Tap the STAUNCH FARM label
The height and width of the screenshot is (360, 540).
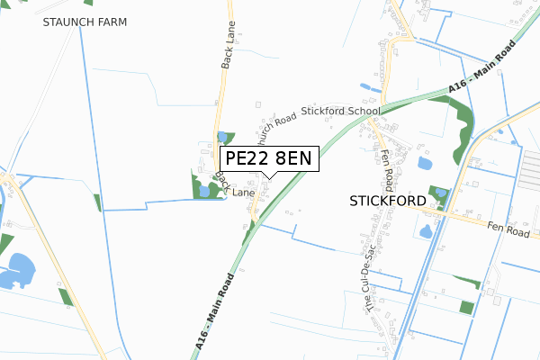click(x=85, y=21)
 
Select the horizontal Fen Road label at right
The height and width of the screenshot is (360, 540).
click(x=511, y=229)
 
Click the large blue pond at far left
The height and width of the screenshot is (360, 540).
click(x=17, y=271)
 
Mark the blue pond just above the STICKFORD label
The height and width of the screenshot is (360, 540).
click(x=426, y=164)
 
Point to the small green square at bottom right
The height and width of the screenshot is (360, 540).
click(x=466, y=307)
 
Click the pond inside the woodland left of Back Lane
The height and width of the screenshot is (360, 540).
click(x=204, y=190)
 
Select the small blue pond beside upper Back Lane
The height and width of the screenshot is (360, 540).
click(x=222, y=137)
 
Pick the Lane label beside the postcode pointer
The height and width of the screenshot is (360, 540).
click(x=244, y=192)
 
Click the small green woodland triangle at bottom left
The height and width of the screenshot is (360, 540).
click(x=64, y=298)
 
